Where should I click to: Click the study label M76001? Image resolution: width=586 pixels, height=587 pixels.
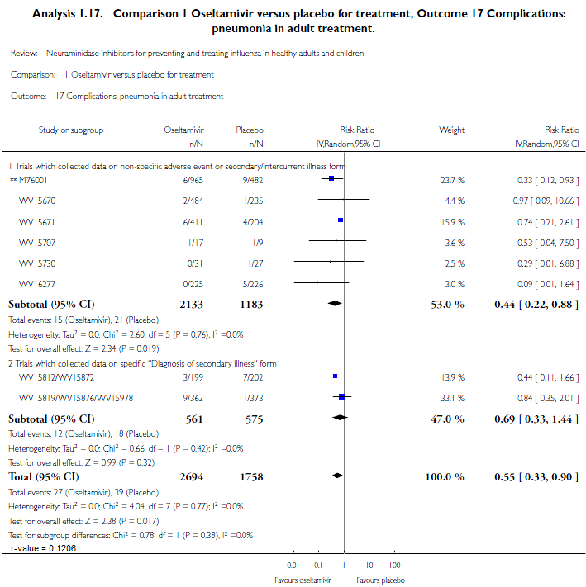tap(36, 178)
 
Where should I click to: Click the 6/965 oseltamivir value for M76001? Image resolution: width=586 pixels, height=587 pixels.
tap(193, 178)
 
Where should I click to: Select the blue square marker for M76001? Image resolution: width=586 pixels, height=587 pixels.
tap(331, 178)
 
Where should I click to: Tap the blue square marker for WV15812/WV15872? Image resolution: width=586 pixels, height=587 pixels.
tap(335, 376)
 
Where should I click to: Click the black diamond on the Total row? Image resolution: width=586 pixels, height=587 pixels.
tap(336, 476)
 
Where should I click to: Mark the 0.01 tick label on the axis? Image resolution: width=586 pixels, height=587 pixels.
tap(292, 566)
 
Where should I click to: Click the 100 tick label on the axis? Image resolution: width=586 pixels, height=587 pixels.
tap(394, 566)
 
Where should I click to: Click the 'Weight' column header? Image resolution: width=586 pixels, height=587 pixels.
tap(451, 130)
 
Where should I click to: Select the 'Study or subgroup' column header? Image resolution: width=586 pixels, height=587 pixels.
tap(71, 130)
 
